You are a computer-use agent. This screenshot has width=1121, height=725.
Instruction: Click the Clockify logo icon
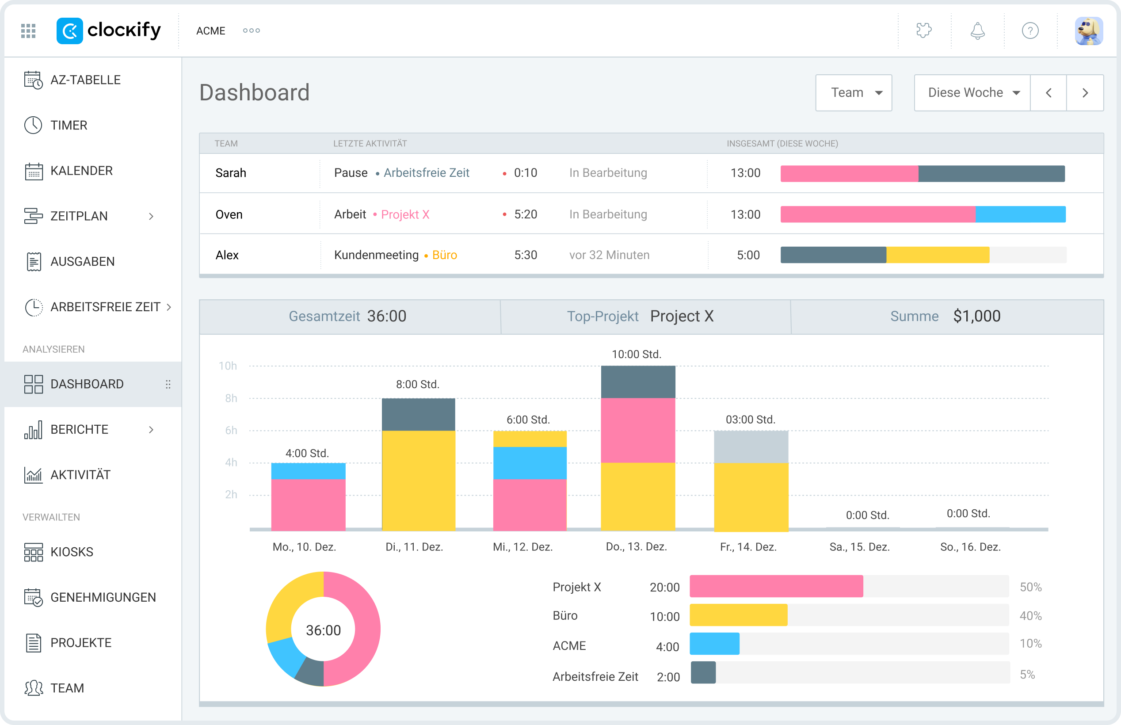click(70, 31)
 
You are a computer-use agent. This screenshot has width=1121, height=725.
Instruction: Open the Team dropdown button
click(853, 93)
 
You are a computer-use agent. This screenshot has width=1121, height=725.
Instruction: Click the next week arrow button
click(1085, 93)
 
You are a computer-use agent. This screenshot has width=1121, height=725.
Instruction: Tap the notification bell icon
click(977, 31)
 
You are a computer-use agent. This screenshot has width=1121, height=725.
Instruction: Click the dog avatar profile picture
click(1089, 31)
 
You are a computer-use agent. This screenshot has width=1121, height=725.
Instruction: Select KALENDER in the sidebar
click(81, 171)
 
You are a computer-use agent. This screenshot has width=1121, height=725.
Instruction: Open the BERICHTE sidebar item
click(79, 429)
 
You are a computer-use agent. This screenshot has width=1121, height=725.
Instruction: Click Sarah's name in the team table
click(231, 173)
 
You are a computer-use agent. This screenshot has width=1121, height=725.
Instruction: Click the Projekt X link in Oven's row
click(405, 215)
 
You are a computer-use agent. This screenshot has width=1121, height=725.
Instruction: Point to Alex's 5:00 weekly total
click(748, 255)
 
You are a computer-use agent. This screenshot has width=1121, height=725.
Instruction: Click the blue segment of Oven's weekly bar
click(1020, 214)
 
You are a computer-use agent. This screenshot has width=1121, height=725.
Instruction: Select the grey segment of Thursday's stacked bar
click(638, 382)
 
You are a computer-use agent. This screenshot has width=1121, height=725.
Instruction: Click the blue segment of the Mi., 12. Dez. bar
click(530, 463)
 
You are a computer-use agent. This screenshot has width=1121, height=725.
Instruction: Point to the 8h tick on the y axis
click(231, 398)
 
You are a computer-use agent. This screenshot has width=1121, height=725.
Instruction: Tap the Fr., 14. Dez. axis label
click(748, 547)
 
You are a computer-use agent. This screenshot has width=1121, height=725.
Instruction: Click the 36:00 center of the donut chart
click(323, 630)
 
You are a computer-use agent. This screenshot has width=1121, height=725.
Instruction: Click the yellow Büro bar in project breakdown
click(738, 615)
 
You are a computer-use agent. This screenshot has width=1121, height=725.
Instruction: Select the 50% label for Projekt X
click(1030, 587)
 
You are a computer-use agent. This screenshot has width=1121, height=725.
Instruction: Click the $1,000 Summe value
click(976, 317)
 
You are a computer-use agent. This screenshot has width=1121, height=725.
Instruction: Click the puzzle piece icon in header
click(924, 31)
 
